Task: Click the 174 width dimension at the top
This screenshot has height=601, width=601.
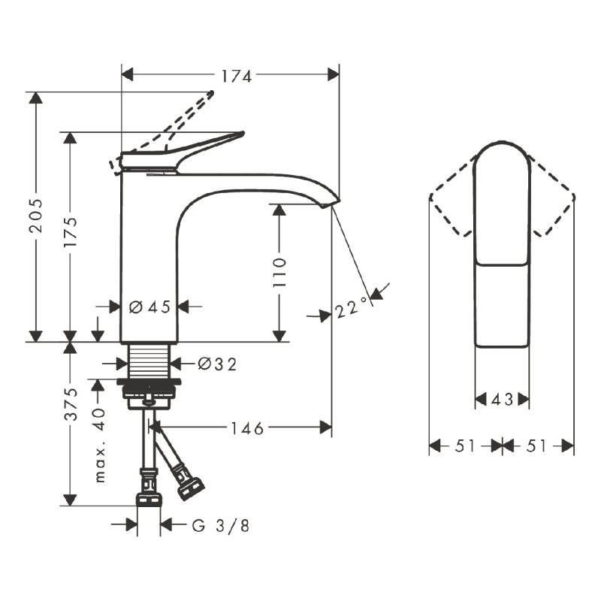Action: coord(237,76)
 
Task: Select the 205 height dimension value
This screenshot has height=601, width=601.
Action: coord(36,216)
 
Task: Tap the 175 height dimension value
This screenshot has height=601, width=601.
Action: coord(70,232)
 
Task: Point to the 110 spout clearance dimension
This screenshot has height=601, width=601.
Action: coord(279,273)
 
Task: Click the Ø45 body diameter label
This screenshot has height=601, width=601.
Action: coord(149,307)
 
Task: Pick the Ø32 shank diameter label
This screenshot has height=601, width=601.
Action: coord(217,364)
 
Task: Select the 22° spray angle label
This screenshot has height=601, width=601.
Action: coord(352,308)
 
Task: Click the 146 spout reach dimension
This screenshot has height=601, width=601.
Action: coord(247,428)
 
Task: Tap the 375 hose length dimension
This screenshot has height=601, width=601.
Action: coord(71,404)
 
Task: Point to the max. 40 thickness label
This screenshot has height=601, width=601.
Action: coord(99,445)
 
